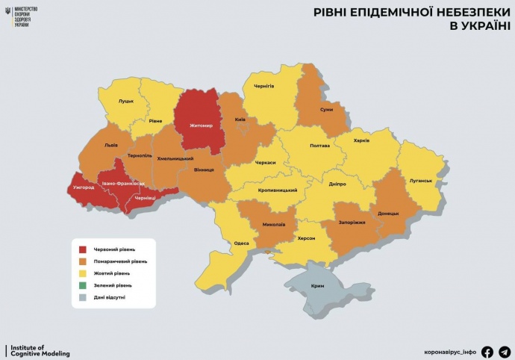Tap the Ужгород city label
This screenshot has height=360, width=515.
[82, 187]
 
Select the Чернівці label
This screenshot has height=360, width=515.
[144, 198]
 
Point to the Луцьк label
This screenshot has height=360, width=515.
[126, 101]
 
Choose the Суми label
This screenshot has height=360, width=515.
[326, 109]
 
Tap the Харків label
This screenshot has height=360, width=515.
[360, 140]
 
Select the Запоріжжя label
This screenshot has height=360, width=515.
[352, 223]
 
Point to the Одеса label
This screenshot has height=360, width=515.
[242, 243]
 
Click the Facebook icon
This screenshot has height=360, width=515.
[487, 352]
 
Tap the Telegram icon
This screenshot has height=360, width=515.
[505, 352]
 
